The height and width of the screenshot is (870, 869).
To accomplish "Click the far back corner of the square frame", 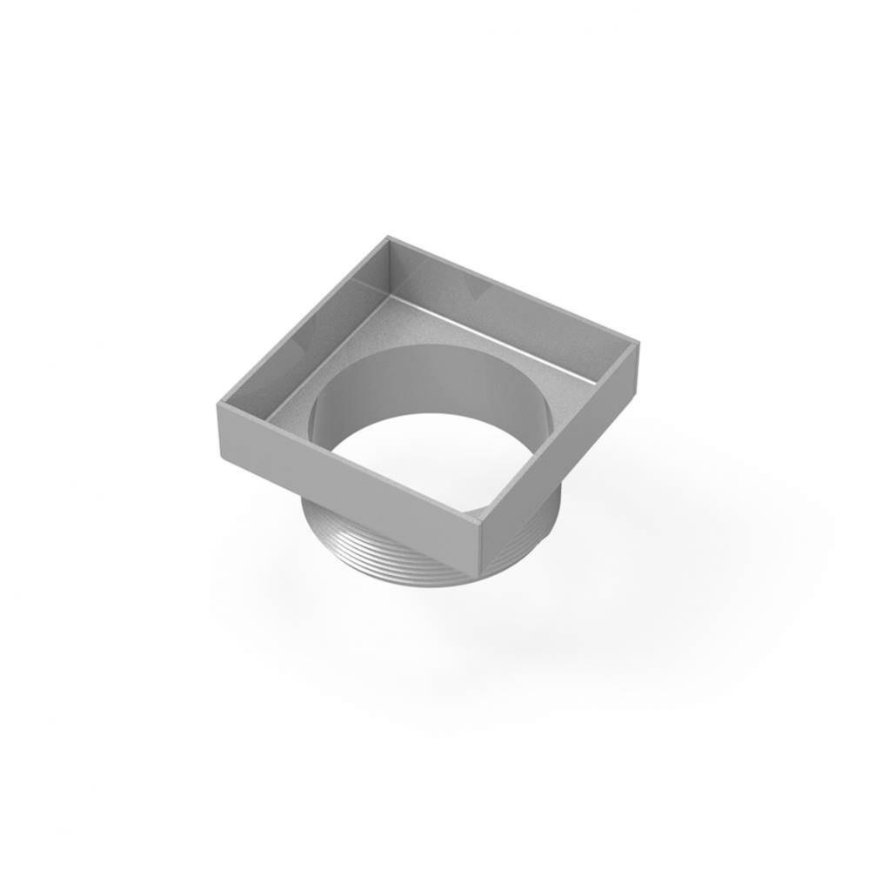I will pos(386,237).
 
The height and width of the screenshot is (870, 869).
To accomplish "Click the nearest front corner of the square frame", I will pos(481,521).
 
